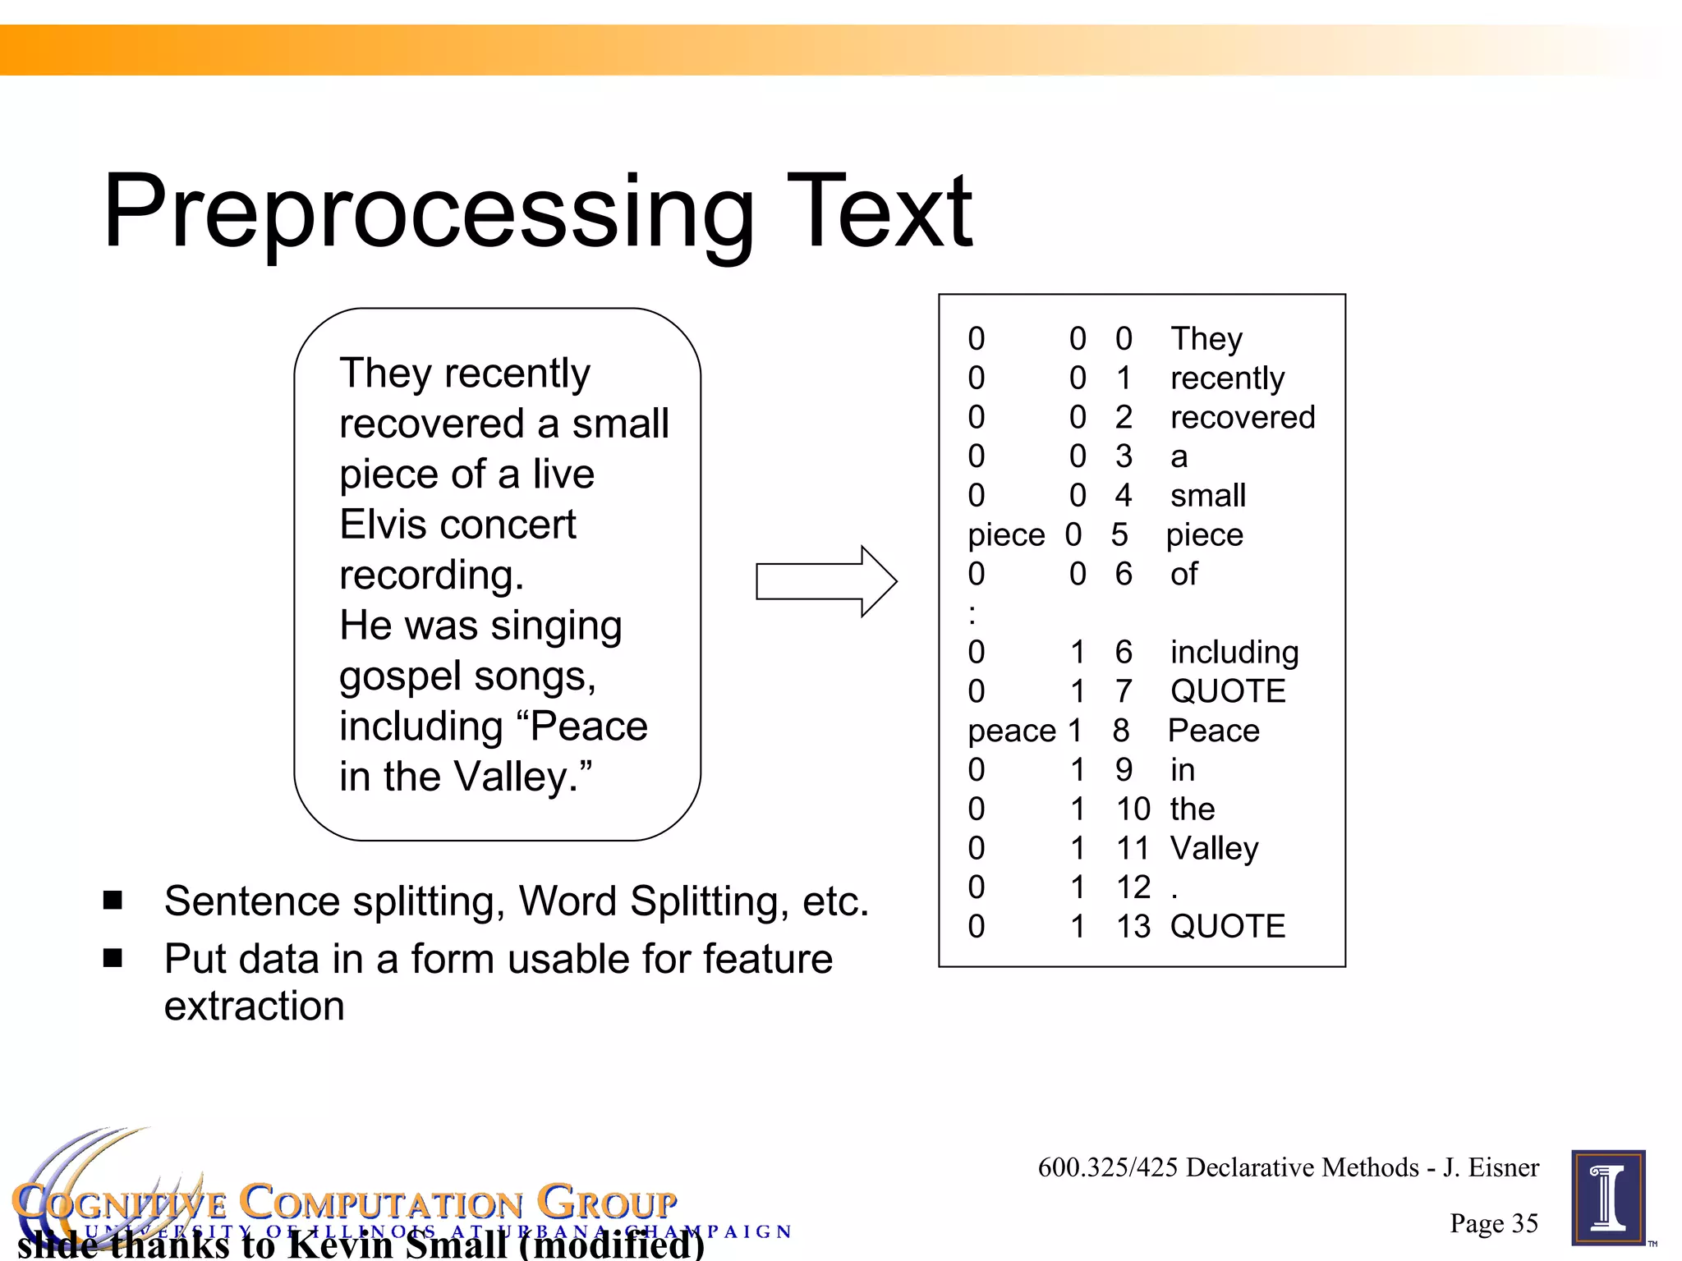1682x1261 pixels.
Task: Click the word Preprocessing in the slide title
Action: (x=427, y=212)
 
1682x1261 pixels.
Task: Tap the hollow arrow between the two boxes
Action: (x=825, y=581)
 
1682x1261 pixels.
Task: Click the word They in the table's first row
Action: (x=1206, y=339)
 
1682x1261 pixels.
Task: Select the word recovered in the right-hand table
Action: (x=1242, y=417)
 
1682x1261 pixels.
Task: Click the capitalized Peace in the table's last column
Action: (x=1213, y=731)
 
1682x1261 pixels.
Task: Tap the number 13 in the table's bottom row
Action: (x=1133, y=926)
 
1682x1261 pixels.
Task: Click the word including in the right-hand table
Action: (x=1234, y=653)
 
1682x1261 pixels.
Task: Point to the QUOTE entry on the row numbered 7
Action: (x=1227, y=691)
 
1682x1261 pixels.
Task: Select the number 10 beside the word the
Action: (x=1133, y=809)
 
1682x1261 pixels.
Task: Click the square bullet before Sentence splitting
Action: (x=113, y=901)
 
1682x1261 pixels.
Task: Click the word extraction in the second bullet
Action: (x=254, y=1007)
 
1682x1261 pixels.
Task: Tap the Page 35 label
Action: (x=1493, y=1223)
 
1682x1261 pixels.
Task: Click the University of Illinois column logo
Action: (x=1608, y=1198)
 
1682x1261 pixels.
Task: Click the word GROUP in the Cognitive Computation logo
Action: (x=607, y=1204)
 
